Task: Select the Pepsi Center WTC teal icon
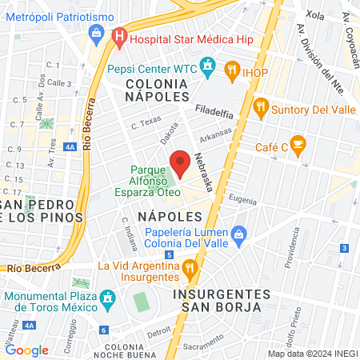pyautogui.click(x=209, y=64)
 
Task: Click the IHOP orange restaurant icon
pyautogui.click(x=232, y=70)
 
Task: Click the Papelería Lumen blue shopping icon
pyautogui.click(x=238, y=234)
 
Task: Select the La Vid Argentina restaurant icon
pyautogui.click(x=190, y=266)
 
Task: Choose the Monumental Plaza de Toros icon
pyautogui.click(x=106, y=301)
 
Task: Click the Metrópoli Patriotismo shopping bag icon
pyautogui.click(x=97, y=32)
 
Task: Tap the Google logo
pyautogui.click(x=26, y=350)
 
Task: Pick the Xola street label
pyautogui.click(x=314, y=15)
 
